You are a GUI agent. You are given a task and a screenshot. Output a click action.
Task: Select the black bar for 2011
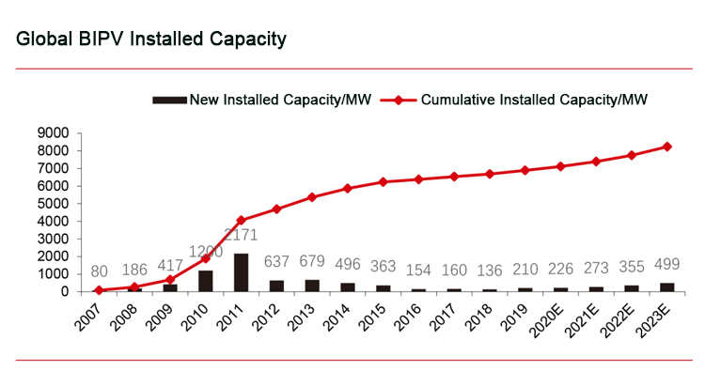[242, 272]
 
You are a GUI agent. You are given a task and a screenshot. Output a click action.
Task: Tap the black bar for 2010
[206, 281]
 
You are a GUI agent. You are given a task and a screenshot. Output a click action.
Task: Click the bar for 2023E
[667, 287]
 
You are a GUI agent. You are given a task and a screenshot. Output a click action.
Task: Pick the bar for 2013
[313, 286]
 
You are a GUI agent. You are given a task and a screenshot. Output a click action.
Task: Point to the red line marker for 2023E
[667, 147]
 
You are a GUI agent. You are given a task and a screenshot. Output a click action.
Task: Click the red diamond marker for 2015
[384, 182]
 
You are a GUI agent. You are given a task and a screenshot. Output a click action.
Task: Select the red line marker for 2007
[99, 289]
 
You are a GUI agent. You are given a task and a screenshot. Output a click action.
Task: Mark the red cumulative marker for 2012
[277, 209]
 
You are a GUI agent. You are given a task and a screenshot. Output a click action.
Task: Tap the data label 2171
[242, 235]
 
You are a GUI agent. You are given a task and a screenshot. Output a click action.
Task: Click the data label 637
[277, 261]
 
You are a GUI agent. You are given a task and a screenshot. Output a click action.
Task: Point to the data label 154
[419, 270]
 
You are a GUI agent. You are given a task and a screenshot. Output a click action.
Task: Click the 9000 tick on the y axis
[52, 133]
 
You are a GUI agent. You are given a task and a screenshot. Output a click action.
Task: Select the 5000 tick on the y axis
[52, 204]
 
